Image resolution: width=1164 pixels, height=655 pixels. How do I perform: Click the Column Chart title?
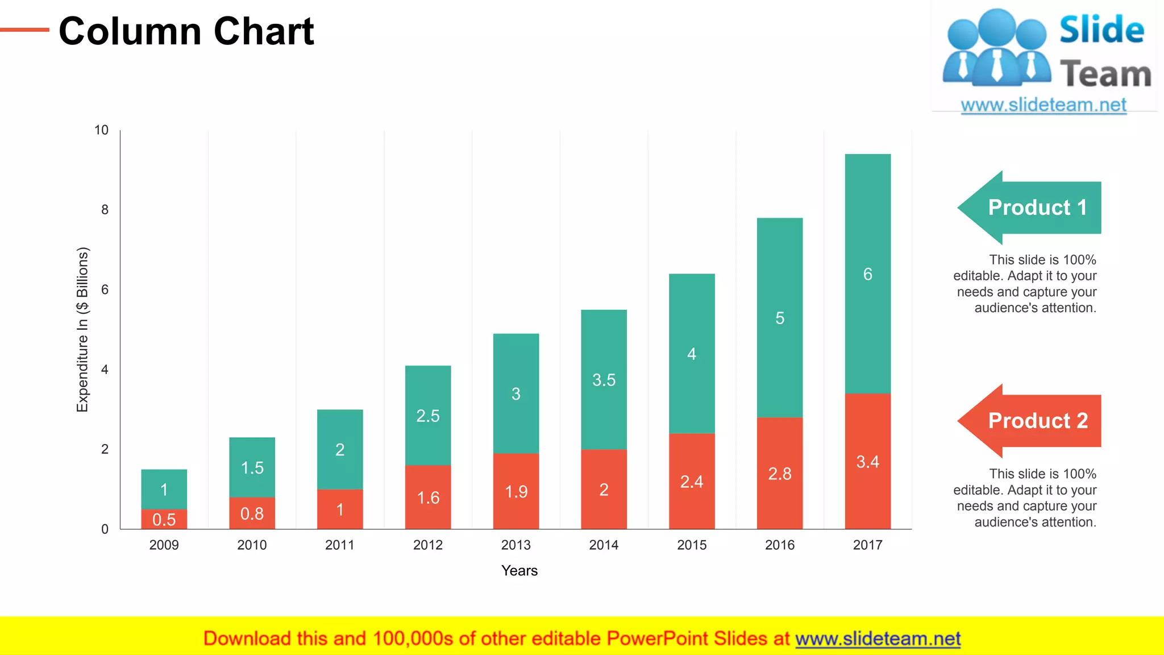coord(186,31)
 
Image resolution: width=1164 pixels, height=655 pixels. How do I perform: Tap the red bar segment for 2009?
coord(164,519)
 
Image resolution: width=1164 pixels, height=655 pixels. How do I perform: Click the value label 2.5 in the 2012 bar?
coord(427,416)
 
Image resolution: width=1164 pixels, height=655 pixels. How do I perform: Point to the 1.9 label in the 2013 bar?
coord(516,491)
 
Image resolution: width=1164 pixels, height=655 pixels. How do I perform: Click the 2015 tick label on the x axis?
coord(692,545)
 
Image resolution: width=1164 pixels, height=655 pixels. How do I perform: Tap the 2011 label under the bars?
coord(339,545)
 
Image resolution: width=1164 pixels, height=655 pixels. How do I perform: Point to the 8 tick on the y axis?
coord(105,210)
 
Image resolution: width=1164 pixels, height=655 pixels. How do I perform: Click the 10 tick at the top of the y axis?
coord(101,130)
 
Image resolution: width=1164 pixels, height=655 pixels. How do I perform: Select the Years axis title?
coord(519,570)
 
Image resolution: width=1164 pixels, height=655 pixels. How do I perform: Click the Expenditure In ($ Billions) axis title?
coord(83,330)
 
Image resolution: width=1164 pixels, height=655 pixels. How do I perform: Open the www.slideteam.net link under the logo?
coord(1044,105)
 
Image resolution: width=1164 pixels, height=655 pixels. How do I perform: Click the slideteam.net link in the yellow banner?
coord(878,639)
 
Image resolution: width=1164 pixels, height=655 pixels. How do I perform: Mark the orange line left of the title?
coord(24,30)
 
